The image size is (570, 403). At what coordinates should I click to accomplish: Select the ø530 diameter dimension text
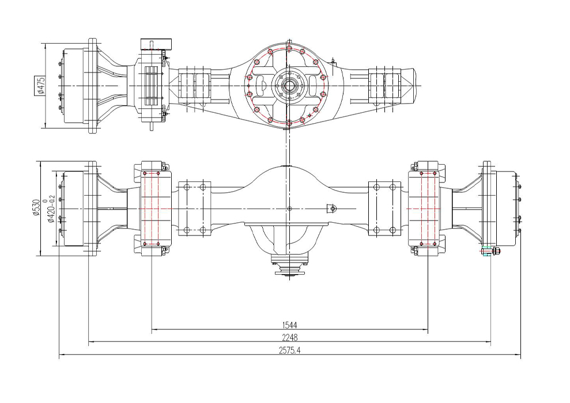pos(36,208)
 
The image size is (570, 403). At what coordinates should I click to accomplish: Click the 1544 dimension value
pos(290,325)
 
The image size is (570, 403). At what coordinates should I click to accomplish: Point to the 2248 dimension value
pos(290,337)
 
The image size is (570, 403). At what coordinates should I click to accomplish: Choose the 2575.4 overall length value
pos(290,351)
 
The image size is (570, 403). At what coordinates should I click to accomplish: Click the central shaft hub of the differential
pos(289,86)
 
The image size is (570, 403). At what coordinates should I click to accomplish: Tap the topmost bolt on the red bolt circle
pos(289,48)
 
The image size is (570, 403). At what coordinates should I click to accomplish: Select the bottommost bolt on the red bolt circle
pos(289,123)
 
